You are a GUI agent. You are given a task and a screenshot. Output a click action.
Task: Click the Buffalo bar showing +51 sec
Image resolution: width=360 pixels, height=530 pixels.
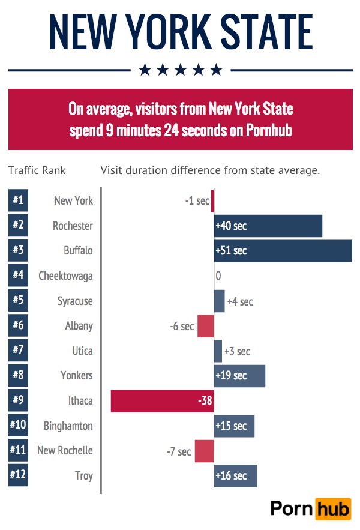[x=283, y=251]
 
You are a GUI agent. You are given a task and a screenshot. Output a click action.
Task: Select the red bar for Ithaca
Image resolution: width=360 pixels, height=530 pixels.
[x=162, y=401]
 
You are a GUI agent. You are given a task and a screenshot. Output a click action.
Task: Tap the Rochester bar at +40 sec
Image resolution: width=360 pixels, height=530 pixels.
[x=268, y=226]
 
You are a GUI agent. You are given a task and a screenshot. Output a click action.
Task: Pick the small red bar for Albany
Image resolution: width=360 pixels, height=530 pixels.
[x=206, y=326]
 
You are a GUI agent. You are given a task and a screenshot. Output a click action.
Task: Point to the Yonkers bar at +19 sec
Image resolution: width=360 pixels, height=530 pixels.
[x=239, y=376]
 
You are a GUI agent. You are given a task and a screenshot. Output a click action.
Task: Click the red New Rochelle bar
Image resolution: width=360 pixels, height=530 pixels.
[x=204, y=451]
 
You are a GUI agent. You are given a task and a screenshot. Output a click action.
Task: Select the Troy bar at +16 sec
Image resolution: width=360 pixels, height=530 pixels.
[x=235, y=476]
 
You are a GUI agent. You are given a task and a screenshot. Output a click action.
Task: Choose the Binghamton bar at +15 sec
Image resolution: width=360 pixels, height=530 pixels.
[x=234, y=426]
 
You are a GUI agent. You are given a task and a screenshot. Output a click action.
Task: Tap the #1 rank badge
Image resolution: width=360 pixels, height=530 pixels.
[x=18, y=200]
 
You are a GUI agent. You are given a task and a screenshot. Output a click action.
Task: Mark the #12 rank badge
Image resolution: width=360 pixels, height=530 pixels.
[x=18, y=475]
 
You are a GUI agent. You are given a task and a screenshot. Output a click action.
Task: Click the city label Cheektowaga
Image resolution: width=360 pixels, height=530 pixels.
[x=66, y=276]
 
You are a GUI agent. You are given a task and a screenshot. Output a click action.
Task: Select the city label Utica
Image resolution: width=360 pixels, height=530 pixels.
[x=82, y=351]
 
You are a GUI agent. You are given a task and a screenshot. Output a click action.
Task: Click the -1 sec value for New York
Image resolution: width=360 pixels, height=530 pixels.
[x=197, y=200]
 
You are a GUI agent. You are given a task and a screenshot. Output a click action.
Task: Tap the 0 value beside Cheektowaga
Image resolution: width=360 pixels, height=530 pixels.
[x=218, y=276]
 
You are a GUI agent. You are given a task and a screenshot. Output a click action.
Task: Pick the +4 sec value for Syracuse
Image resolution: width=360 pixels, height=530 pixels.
[x=240, y=301]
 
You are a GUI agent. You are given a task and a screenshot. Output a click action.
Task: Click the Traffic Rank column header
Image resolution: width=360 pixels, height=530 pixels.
[x=37, y=170]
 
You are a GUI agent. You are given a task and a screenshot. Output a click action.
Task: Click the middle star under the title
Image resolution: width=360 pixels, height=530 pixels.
[x=181, y=70]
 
